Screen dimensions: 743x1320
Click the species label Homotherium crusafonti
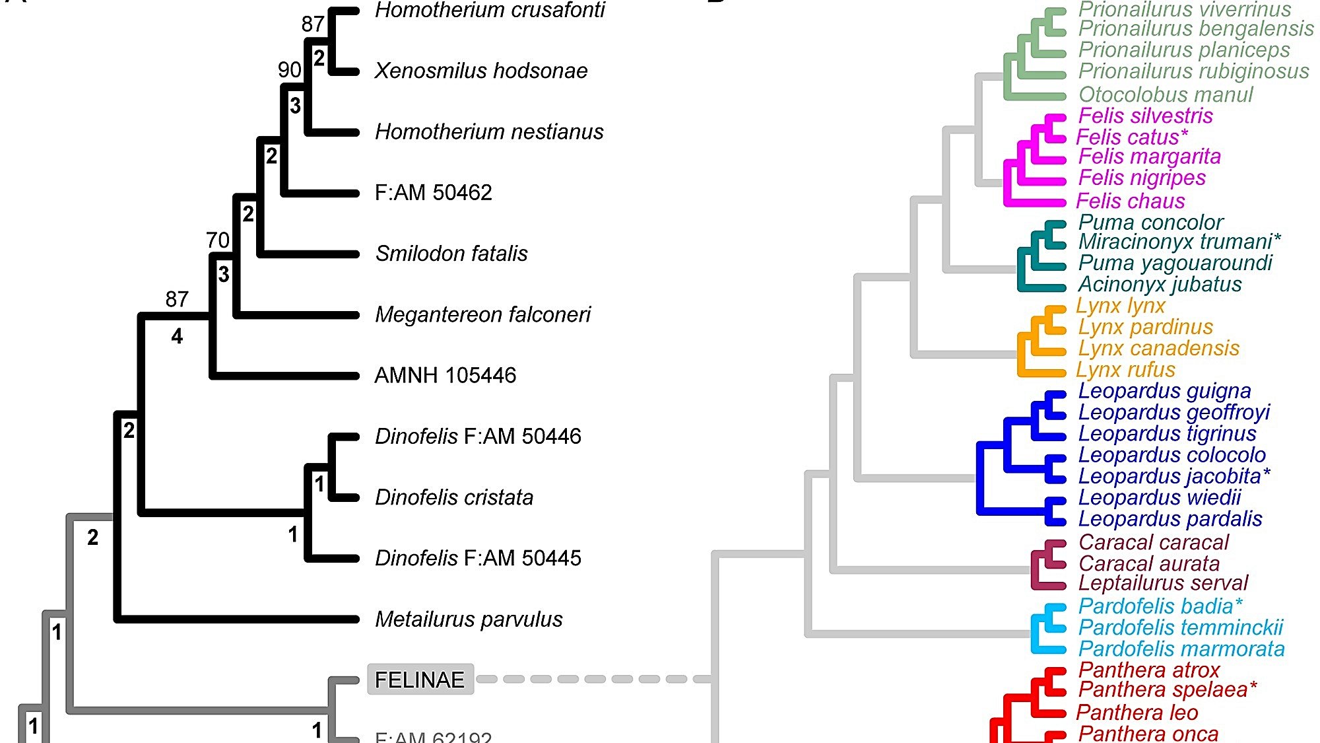click(x=489, y=11)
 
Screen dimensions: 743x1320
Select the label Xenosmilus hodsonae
click(x=480, y=71)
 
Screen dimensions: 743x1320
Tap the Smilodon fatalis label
click(x=451, y=254)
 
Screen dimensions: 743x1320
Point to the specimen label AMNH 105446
click(x=445, y=375)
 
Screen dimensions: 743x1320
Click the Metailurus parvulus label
click(x=469, y=619)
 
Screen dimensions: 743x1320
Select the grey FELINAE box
click(x=420, y=680)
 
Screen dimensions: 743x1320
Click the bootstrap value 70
click(x=217, y=240)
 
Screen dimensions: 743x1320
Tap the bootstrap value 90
click(x=289, y=69)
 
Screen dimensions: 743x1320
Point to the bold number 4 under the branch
click(x=177, y=337)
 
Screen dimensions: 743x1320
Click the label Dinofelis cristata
click(x=454, y=497)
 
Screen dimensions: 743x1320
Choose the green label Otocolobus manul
click(x=1166, y=94)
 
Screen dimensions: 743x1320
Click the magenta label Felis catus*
click(x=1132, y=137)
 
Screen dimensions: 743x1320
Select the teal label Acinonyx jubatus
click(x=1160, y=284)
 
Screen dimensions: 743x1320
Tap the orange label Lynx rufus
click(x=1125, y=369)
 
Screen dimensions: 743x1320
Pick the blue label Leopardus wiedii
click(x=1159, y=497)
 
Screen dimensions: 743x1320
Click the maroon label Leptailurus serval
click(x=1163, y=583)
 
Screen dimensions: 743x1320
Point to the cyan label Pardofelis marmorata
click(x=1181, y=649)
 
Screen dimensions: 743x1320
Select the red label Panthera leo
click(x=1137, y=713)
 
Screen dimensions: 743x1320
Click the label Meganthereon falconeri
click(x=482, y=314)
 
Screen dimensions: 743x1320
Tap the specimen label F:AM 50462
click(x=433, y=193)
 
